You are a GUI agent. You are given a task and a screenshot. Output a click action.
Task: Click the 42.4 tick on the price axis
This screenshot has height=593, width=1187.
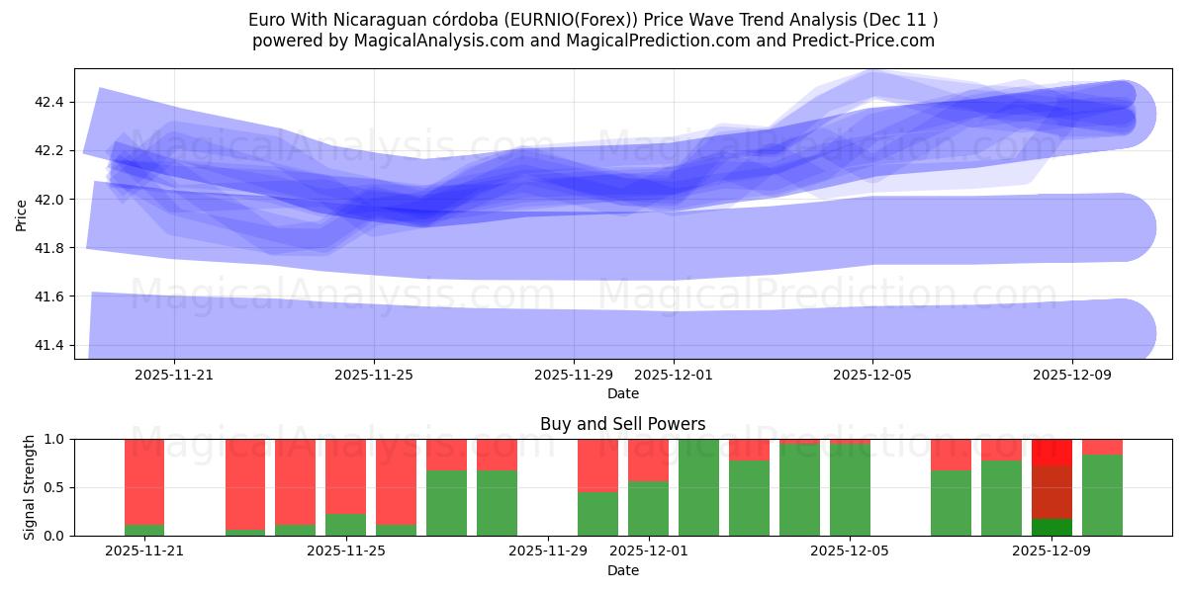[x=48, y=102]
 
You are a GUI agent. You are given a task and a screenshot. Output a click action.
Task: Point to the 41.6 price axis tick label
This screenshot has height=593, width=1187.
[x=48, y=296]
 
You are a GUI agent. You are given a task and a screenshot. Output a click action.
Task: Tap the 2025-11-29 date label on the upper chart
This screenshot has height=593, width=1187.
[x=574, y=376]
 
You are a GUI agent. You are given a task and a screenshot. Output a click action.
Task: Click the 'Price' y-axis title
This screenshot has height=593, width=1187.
[x=22, y=213]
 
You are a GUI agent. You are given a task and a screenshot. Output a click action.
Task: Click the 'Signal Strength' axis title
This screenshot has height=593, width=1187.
[x=30, y=487]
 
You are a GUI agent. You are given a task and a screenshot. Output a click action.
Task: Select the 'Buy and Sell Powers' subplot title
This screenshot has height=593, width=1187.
[x=622, y=424]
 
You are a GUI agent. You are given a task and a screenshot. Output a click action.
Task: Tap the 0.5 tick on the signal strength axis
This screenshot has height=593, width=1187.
[x=54, y=487]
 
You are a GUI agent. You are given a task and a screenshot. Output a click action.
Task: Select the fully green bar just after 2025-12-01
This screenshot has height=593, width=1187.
[x=698, y=487]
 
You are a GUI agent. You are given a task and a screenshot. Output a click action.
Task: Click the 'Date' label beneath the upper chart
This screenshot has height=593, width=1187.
[x=622, y=393]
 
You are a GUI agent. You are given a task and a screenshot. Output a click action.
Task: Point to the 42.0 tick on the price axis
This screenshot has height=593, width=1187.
[x=48, y=200]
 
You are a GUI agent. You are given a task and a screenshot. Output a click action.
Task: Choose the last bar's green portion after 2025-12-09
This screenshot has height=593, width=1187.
[x=1102, y=495]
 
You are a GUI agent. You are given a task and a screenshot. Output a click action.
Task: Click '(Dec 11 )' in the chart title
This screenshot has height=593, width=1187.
[x=902, y=20]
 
